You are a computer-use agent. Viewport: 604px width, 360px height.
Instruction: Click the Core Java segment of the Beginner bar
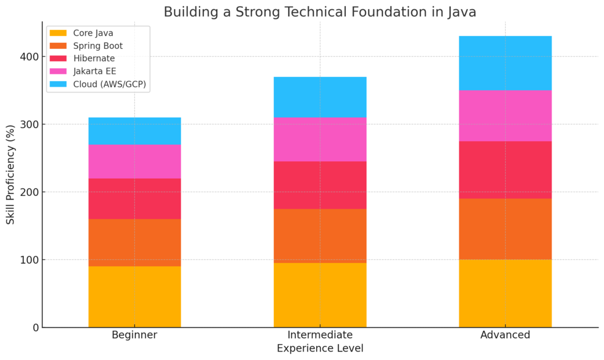[134, 297]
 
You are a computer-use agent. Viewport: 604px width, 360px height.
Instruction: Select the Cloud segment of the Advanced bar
[505, 63]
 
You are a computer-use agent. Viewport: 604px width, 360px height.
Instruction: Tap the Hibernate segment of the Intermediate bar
[320, 185]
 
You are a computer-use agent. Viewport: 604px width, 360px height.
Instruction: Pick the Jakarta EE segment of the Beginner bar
[134, 161]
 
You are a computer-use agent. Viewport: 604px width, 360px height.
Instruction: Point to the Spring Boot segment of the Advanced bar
[505, 229]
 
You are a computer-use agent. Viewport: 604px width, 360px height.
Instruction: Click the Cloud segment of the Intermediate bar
[320, 97]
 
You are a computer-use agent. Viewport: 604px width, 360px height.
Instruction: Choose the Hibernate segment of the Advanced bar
[505, 170]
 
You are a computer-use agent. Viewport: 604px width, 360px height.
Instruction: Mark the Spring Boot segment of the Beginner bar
[134, 242]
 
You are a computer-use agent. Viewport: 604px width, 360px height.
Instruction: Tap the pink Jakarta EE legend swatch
[58, 71]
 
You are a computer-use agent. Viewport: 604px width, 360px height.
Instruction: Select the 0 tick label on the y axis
[35, 328]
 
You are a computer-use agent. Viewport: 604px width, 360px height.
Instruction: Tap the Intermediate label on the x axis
[320, 335]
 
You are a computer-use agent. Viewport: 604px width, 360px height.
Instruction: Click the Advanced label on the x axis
[505, 335]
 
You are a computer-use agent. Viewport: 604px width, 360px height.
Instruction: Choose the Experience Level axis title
[320, 348]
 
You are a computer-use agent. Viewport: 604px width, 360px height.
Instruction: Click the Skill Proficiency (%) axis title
[10, 175]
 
